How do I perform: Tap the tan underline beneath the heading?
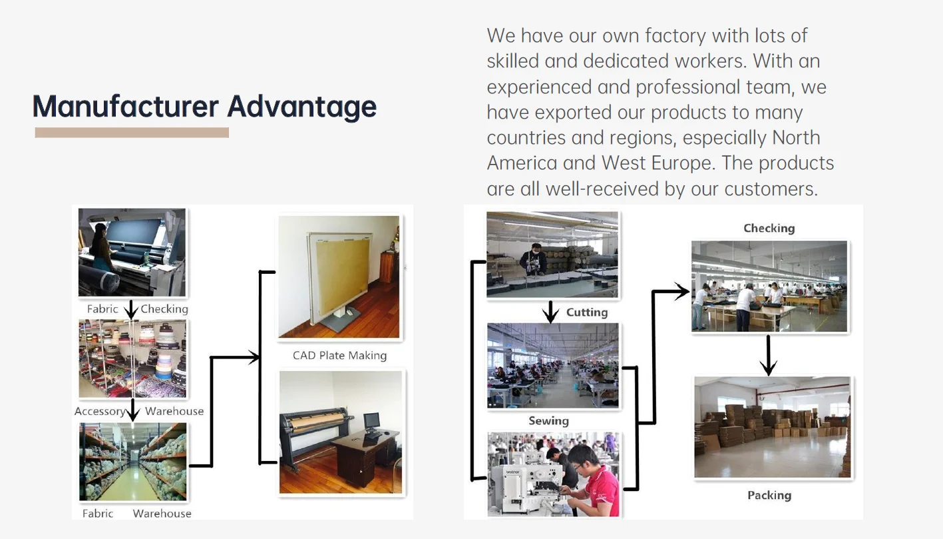(132, 133)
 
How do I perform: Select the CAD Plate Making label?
(339, 356)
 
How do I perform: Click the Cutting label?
(586, 312)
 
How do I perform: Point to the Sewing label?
(548, 421)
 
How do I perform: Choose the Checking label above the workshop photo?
(769, 229)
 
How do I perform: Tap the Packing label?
(769, 496)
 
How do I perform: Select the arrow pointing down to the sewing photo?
(550, 311)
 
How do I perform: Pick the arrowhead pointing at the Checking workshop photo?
(681, 291)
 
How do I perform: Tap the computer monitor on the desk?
(371, 421)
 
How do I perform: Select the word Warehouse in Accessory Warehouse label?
(174, 411)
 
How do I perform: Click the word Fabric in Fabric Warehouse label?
(98, 514)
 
